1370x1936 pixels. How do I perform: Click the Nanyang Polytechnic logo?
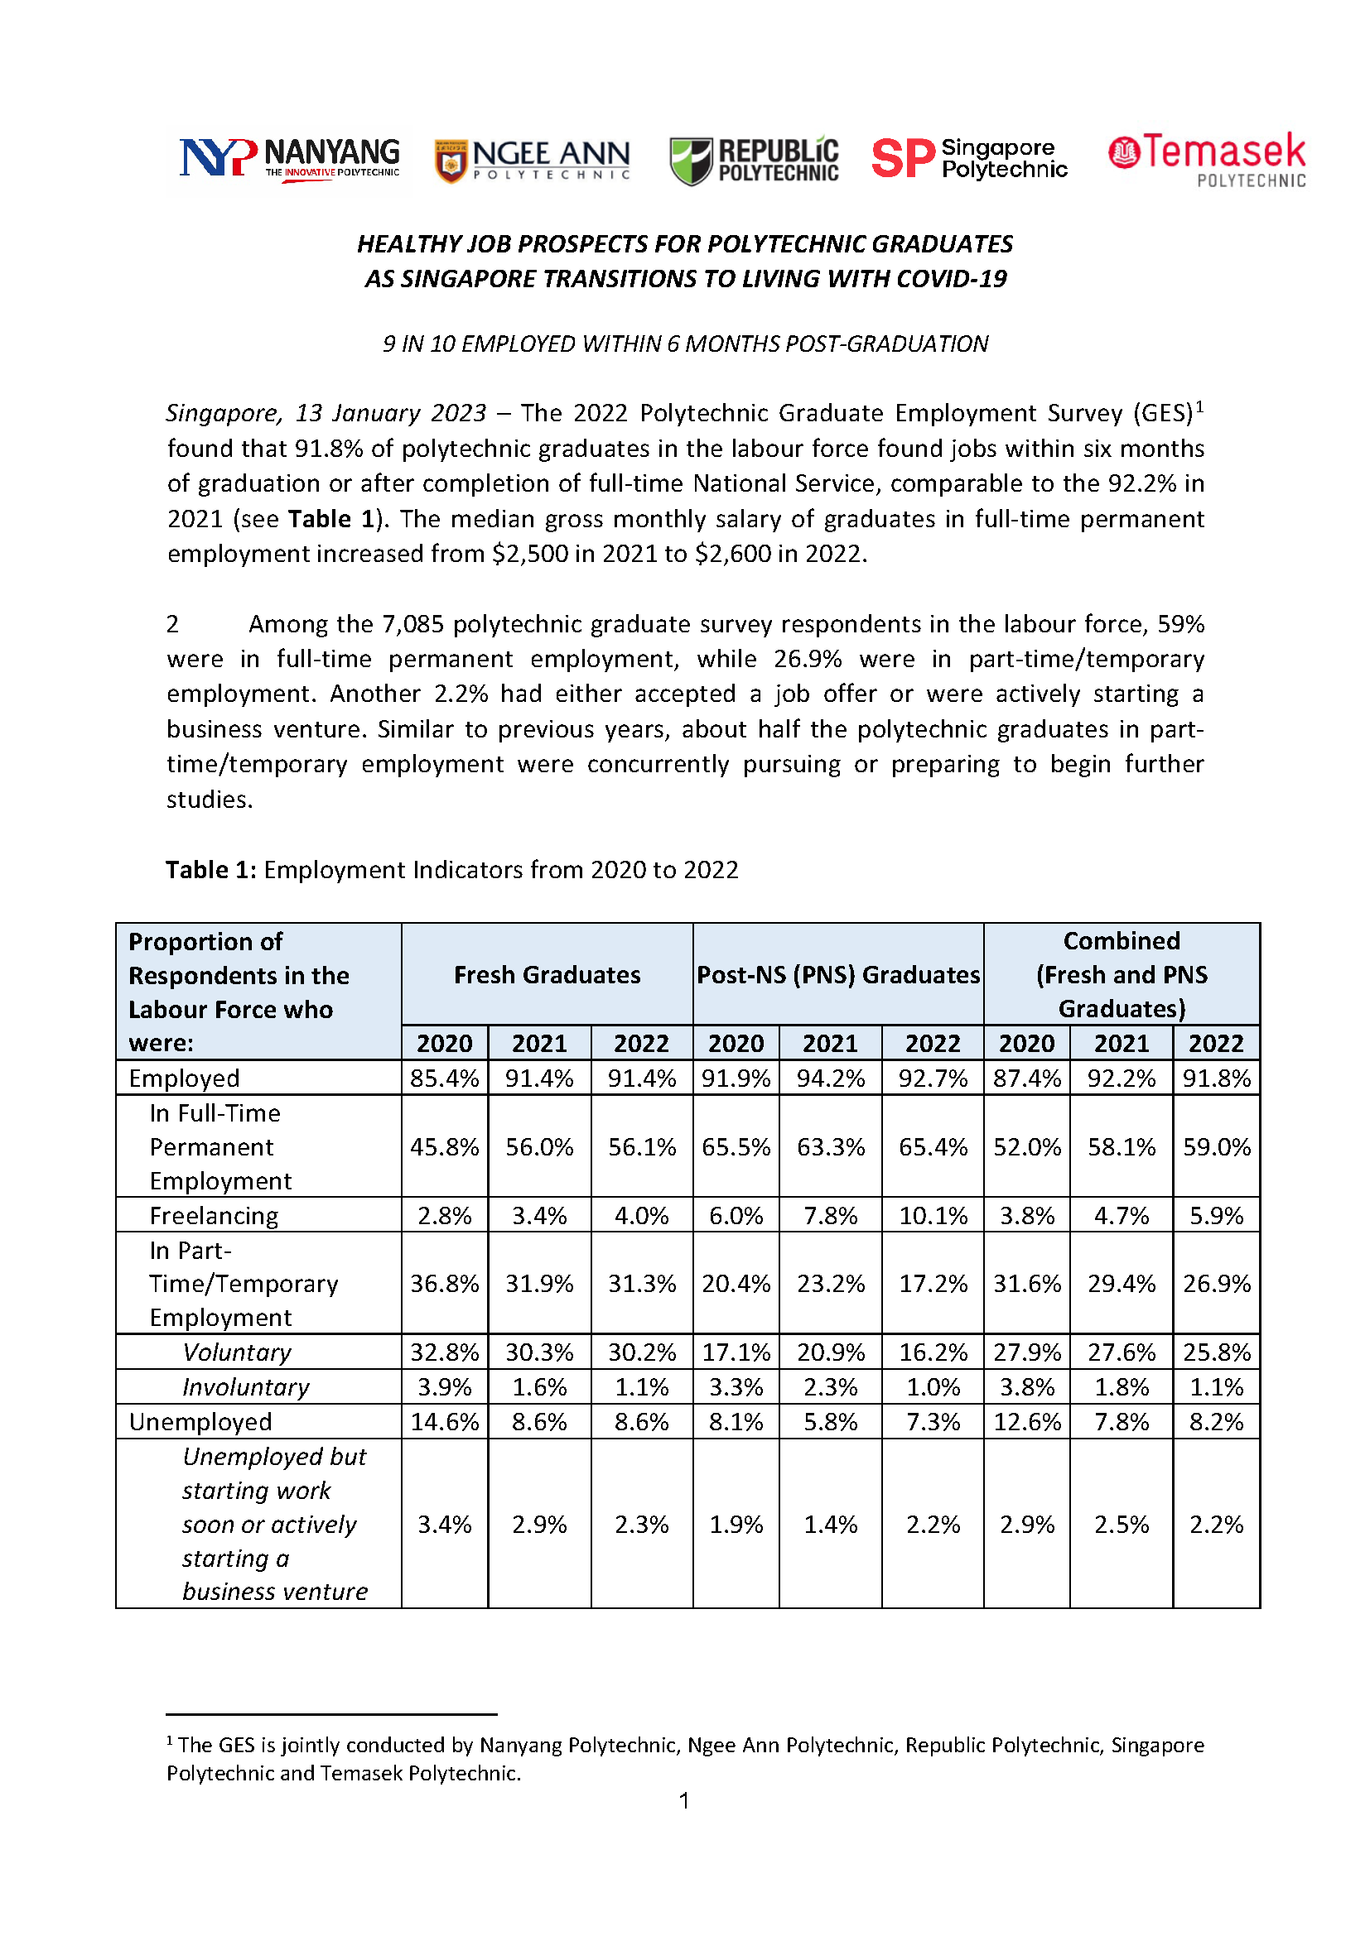coord(288,160)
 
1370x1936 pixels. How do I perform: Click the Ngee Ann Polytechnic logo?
coord(532,161)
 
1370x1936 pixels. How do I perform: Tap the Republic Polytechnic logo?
coord(753,161)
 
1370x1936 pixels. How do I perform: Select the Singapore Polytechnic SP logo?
coord(968,159)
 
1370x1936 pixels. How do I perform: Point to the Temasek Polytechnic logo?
coord(1206,160)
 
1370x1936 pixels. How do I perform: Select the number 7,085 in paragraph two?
coord(413,624)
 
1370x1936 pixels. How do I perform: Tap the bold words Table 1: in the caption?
coord(210,869)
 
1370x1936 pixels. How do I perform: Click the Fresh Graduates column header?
coord(547,975)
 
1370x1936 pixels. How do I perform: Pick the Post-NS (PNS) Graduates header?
coord(837,975)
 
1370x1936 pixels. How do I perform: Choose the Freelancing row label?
coord(214,1215)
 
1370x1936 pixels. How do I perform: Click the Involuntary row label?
coord(245,1386)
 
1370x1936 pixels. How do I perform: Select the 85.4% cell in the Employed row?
coord(445,1078)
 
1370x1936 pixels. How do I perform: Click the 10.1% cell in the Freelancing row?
coord(932,1215)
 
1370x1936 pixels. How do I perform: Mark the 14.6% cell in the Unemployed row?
coord(445,1422)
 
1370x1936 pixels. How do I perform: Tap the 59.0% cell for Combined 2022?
coord(1216,1146)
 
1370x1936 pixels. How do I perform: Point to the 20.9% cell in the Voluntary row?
coord(830,1352)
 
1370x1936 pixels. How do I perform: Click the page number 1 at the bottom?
coord(684,1801)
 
